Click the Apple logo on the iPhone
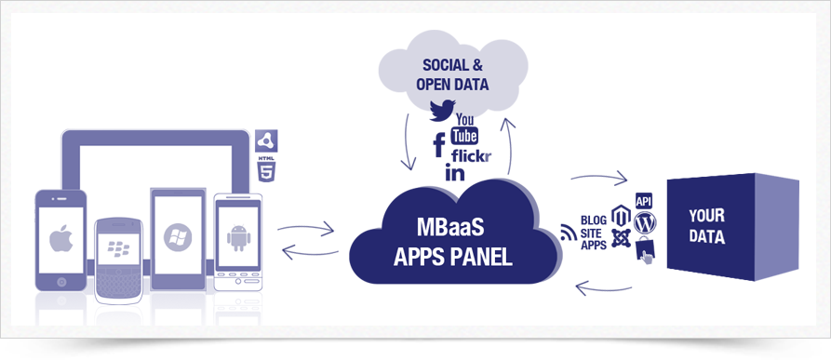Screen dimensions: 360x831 pos(60,239)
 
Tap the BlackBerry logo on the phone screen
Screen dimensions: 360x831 pos(117,248)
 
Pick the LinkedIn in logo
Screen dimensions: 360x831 pos(455,172)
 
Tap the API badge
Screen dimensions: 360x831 pos(643,201)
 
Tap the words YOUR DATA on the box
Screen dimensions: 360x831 pos(707,226)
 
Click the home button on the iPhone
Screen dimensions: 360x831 pos(60,279)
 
